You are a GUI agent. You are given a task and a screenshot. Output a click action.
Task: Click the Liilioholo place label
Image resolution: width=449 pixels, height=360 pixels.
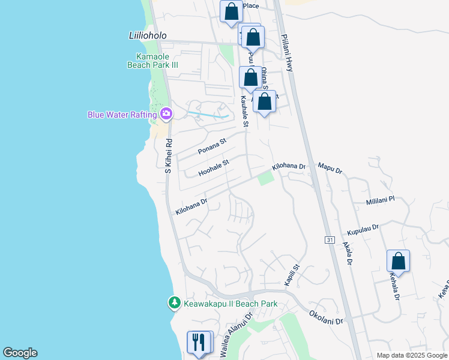pos(148,35)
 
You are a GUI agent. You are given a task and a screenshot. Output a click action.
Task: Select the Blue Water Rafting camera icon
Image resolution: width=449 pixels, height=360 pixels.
pos(166,113)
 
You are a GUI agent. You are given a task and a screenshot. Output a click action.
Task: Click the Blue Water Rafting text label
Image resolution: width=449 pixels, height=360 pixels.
pos(122,114)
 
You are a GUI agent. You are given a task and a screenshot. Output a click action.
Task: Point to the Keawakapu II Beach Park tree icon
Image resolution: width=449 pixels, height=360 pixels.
pos(174,303)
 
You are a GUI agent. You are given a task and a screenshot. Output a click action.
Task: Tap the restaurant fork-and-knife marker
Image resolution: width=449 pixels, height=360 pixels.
pos(199,343)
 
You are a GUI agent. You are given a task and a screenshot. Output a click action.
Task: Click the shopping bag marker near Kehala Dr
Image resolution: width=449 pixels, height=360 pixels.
pos(398,262)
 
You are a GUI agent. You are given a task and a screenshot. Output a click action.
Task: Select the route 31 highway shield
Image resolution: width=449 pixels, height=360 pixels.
pos(330,240)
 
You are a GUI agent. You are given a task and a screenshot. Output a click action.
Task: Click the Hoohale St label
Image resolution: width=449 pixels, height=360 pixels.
pos(214,167)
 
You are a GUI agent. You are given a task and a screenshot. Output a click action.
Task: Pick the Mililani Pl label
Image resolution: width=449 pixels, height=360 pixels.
pos(380,201)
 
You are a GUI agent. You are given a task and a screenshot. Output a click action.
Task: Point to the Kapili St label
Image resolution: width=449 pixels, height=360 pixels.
pos(292,275)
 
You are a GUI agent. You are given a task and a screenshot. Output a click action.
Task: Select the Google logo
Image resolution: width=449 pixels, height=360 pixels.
pos(20,353)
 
